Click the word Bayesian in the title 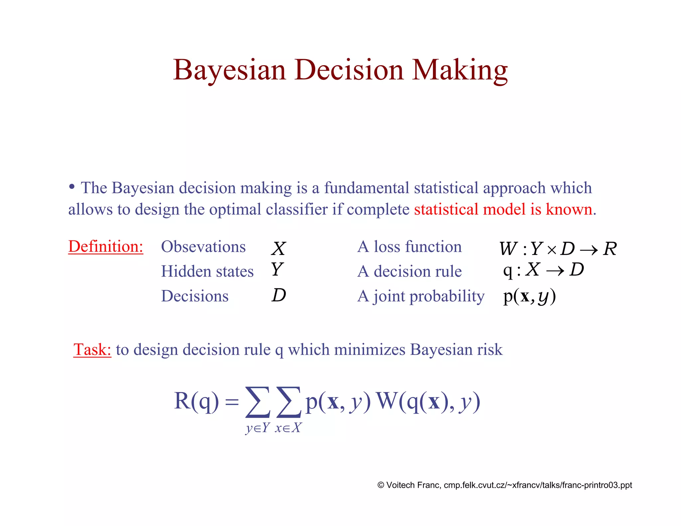coord(229,70)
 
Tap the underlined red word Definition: coord(106,247)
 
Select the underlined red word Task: coord(92,350)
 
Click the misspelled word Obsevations coord(203,247)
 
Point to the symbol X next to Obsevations coord(278,249)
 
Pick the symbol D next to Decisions coord(279,295)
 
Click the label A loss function coord(409,247)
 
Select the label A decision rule coord(409,271)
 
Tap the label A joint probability coord(421,296)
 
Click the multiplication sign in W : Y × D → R coord(551,250)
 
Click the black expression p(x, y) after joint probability coord(529,296)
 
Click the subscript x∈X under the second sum coord(288,428)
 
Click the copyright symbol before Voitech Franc coord(381,485)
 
